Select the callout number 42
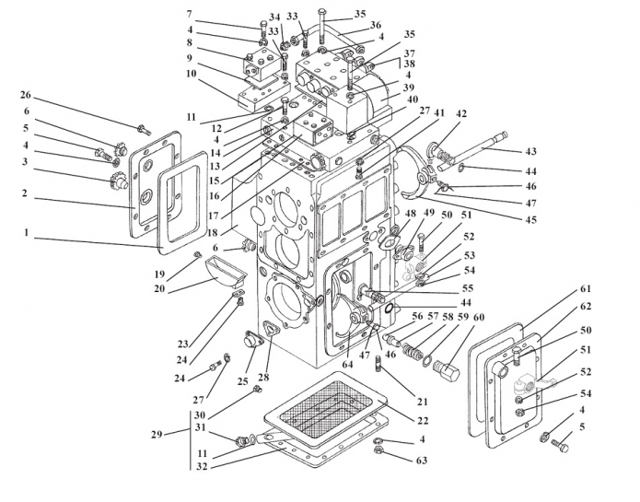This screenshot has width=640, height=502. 461,114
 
